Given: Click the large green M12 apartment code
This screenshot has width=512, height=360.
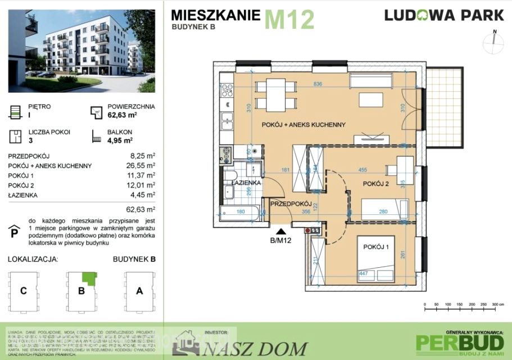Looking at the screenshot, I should coord(289,19).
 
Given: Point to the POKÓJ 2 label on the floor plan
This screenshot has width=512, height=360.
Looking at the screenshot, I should coord(377,183).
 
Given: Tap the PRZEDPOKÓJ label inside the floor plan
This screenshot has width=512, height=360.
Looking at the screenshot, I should coord(291,204).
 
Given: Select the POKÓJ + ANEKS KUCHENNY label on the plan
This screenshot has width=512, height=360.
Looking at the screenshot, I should coord(303,124).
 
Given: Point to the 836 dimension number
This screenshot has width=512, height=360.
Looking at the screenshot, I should coord(318,84).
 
